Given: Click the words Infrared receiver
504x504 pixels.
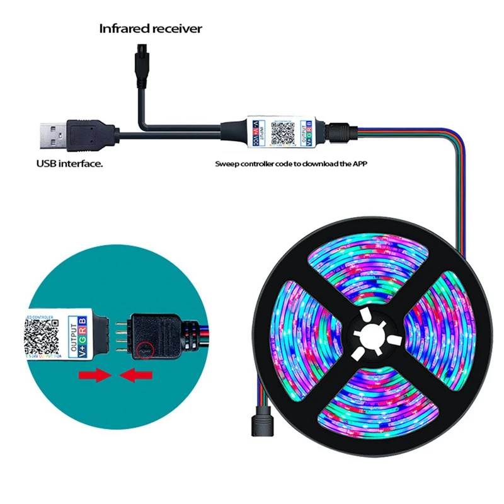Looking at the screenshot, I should pyautogui.click(x=151, y=29).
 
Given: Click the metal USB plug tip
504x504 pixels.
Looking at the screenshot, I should pyautogui.click(x=50, y=135).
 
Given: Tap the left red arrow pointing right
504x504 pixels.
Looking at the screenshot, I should pyautogui.click(x=92, y=377).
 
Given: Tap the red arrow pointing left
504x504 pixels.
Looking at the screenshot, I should pyautogui.click(x=137, y=377).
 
